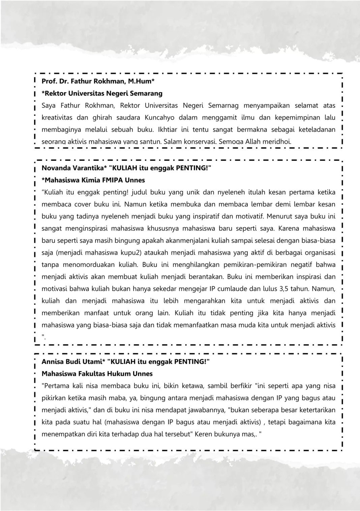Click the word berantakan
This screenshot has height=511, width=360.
[206, 277]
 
